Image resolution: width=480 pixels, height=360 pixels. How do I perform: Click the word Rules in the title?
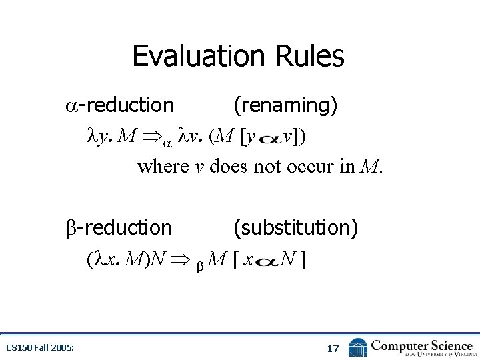click(313, 56)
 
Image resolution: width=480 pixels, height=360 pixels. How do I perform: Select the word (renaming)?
click(285, 105)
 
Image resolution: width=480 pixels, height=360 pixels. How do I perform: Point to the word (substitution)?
click(295, 227)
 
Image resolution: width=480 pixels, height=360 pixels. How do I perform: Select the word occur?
click(309, 166)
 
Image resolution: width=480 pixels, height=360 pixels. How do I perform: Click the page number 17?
click(333, 348)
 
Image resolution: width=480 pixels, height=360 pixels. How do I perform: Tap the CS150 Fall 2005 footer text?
click(40, 348)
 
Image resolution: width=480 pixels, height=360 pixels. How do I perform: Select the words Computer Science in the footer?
click(422, 345)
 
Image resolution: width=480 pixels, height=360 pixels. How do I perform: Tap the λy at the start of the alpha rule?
click(97, 137)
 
